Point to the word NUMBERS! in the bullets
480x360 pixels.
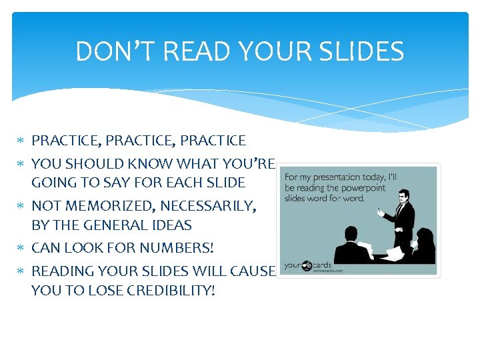point(177,248)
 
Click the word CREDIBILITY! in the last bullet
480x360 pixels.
point(168,291)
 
